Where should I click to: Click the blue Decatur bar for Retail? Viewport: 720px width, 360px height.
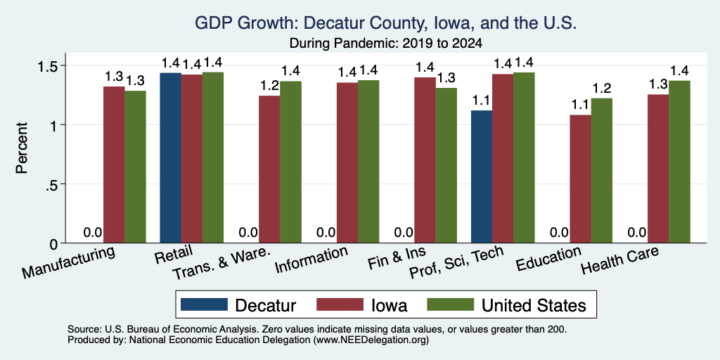pyautogui.click(x=170, y=157)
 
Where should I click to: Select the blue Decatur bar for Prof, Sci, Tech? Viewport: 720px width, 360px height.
pyautogui.click(x=482, y=176)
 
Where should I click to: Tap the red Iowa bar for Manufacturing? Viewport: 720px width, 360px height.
pyautogui.click(x=114, y=165)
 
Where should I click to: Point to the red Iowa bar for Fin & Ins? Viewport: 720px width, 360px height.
pyautogui.click(x=425, y=160)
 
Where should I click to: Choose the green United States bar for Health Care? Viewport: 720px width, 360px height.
pyautogui.click(x=680, y=162)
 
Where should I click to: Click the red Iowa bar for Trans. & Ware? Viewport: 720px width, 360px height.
pyautogui.click(x=269, y=169)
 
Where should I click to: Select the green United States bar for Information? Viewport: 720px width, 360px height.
pyautogui.click(x=368, y=162)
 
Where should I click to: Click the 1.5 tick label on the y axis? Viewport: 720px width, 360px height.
pyautogui.click(x=47, y=65)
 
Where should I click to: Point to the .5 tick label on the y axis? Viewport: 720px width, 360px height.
pyautogui.click(x=51, y=184)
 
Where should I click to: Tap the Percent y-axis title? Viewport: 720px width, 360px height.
pyautogui.click(x=22, y=148)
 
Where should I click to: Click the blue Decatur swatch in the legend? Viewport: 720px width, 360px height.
pyautogui.click(x=204, y=304)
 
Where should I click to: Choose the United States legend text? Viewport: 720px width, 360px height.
pyautogui.click(x=534, y=305)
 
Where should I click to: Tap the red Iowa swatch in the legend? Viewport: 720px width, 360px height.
pyautogui.click(x=340, y=304)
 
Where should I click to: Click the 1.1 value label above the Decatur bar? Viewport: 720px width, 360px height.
pyautogui.click(x=482, y=100)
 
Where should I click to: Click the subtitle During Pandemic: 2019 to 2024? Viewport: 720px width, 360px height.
pyautogui.click(x=386, y=44)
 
